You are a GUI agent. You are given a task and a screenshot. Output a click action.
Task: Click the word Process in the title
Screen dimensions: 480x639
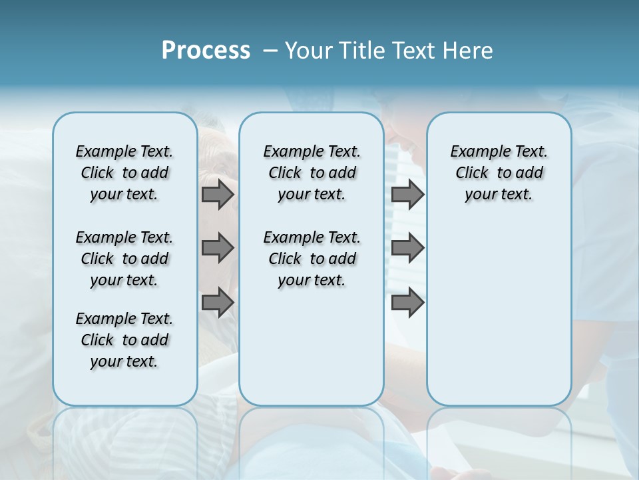click(x=206, y=51)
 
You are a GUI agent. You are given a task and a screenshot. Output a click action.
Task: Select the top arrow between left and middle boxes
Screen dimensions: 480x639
click(x=218, y=194)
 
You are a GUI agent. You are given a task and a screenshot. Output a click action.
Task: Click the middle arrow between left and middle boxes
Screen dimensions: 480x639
click(x=218, y=248)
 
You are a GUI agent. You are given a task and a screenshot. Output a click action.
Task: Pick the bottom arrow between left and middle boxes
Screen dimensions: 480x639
click(x=218, y=303)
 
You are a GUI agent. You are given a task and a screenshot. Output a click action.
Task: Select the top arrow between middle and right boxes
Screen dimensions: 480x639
click(x=407, y=194)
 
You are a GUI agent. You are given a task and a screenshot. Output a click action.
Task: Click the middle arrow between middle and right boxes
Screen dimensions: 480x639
click(x=407, y=248)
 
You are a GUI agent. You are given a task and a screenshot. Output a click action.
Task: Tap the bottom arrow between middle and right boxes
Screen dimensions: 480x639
click(x=407, y=303)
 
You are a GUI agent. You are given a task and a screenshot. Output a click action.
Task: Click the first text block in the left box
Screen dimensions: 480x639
click(x=124, y=173)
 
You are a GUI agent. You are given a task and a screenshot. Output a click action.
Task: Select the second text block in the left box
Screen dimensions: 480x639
click(x=124, y=259)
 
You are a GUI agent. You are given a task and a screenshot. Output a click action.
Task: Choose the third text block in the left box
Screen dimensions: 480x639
click(x=124, y=340)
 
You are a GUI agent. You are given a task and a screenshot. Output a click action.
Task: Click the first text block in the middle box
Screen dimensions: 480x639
click(x=312, y=173)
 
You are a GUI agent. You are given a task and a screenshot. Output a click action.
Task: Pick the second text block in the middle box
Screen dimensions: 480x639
click(x=312, y=259)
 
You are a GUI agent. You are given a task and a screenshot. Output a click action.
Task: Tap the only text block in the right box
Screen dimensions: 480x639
click(x=499, y=173)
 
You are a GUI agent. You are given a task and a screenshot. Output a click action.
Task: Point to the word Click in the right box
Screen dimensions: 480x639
click(x=472, y=173)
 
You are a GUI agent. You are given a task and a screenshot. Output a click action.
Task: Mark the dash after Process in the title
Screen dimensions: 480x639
click(x=270, y=51)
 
